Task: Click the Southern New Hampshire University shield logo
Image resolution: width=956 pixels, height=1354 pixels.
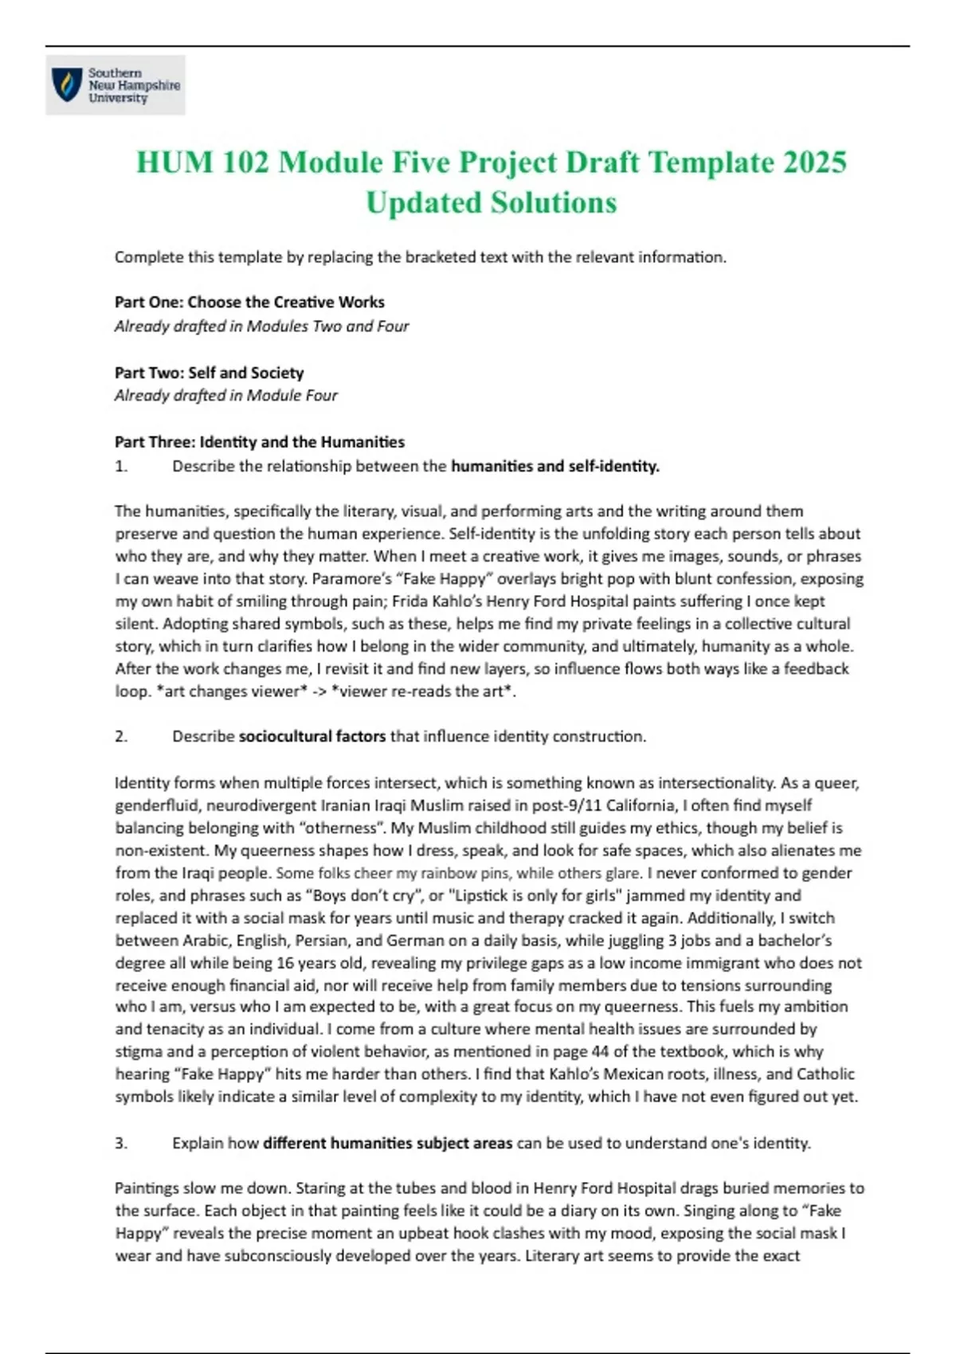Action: coord(67,84)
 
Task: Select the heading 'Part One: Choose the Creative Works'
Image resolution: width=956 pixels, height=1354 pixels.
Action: coord(249,303)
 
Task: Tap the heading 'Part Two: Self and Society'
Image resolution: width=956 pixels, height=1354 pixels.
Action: coord(209,373)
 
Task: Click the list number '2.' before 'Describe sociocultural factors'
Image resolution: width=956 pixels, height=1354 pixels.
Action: coord(121,737)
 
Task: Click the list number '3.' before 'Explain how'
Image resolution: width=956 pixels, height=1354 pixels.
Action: coord(121,1144)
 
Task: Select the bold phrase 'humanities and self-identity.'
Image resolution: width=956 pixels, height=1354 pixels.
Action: coord(555,467)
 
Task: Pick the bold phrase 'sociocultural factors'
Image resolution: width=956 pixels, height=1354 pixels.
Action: coord(312,737)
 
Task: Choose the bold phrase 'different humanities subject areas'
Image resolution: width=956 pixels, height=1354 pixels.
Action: coord(388,1144)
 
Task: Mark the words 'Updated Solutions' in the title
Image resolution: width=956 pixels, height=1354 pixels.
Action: coord(492,203)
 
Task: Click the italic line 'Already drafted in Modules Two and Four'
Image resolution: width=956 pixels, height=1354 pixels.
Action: coord(261,327)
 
